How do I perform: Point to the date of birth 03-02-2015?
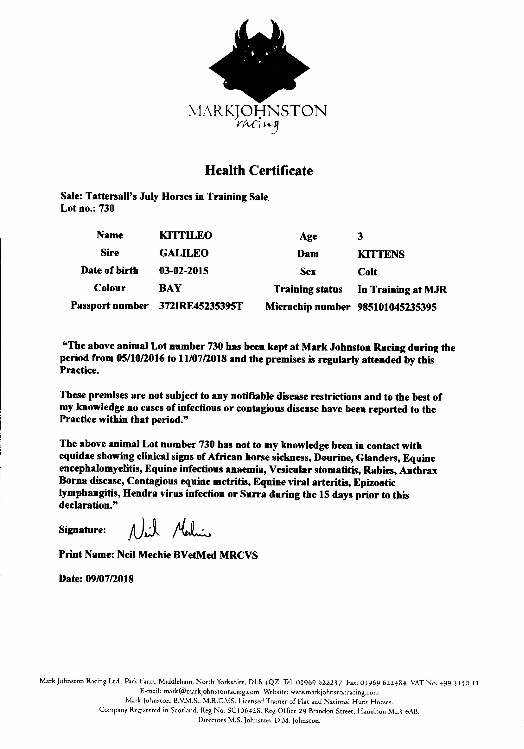[184, 271]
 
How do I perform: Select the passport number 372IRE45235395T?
[201, 306]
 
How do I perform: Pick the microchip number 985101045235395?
[397, 307]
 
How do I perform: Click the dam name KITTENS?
[381, 254]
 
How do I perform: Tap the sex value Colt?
[367, 272]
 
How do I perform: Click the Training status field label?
[308, 289]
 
